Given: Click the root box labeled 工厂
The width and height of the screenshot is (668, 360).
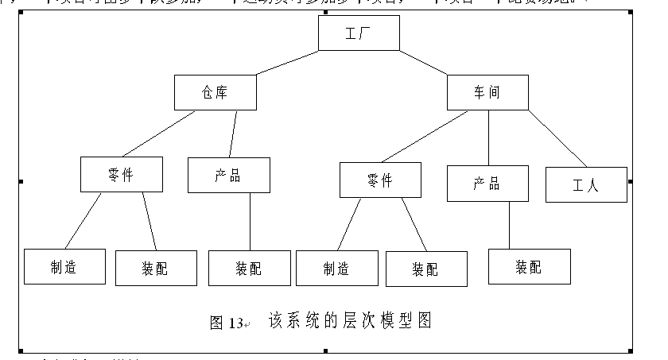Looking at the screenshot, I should pyautogui.click(x=358, y=33).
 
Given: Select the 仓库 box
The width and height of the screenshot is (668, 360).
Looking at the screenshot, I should pyautogui.click(x=215, y=92).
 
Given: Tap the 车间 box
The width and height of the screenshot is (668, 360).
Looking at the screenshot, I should pyautogui.click(x=487, y=92).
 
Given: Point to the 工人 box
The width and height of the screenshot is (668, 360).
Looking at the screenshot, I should pyautogui.click(x=586, y=184).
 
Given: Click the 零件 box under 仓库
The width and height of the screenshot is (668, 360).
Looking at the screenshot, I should pyautogui.click(x=121, y=175).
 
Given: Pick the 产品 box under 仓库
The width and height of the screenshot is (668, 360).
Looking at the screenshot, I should pyautogui.click(x=228, y=175).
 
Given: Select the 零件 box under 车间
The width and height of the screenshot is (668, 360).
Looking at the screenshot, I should pyautogui.click(x=380, y=180).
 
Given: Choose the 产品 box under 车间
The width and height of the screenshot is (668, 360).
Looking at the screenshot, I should pyautogui.click(x=487, y=183).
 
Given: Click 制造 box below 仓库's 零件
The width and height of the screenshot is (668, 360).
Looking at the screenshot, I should pyautogui.click(x=64, y=266).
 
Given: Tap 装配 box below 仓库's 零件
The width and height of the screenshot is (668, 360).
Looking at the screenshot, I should pyautogui.click(x=156, y=268).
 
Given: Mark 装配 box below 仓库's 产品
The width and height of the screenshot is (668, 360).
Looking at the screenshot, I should pyautogui.click(x=248, y=268).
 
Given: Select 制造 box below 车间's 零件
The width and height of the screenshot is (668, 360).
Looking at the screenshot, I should pyautogui.click(x=336, y=268).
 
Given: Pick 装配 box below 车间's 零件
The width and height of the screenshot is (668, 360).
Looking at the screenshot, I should pyautogui.click(x=426, y=269).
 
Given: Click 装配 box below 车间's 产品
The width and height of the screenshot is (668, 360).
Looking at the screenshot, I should pyautogui.click(x=529, y=266).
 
